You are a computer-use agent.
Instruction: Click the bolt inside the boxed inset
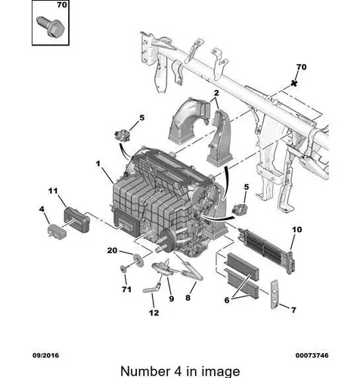pos(51,26)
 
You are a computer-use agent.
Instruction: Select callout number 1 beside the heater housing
pos(98,164)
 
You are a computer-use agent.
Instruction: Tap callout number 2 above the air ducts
pos(216,93)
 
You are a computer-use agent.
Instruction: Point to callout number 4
pos(42,209)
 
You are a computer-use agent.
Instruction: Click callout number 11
pos(53,191)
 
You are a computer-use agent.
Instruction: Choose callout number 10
pos(297,230)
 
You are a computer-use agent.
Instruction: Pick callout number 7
pos(293,310)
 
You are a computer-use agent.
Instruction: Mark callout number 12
pos(154,313)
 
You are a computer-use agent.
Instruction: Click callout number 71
pos(126,290)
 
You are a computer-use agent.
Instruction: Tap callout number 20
pos(112,250)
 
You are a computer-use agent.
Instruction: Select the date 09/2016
pos(45,355)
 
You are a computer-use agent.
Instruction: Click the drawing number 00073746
pos(312,355)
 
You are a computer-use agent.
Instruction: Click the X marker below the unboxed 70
pos(293,83)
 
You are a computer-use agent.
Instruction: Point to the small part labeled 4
pos(57,231)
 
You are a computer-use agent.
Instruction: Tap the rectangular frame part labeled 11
pos(76,219)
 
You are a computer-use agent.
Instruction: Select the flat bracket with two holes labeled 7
pos(275,294)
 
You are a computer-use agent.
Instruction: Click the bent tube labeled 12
pos(151,289)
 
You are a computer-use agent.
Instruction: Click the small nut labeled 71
pos(123,269)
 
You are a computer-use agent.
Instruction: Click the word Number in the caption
pos(145,371)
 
